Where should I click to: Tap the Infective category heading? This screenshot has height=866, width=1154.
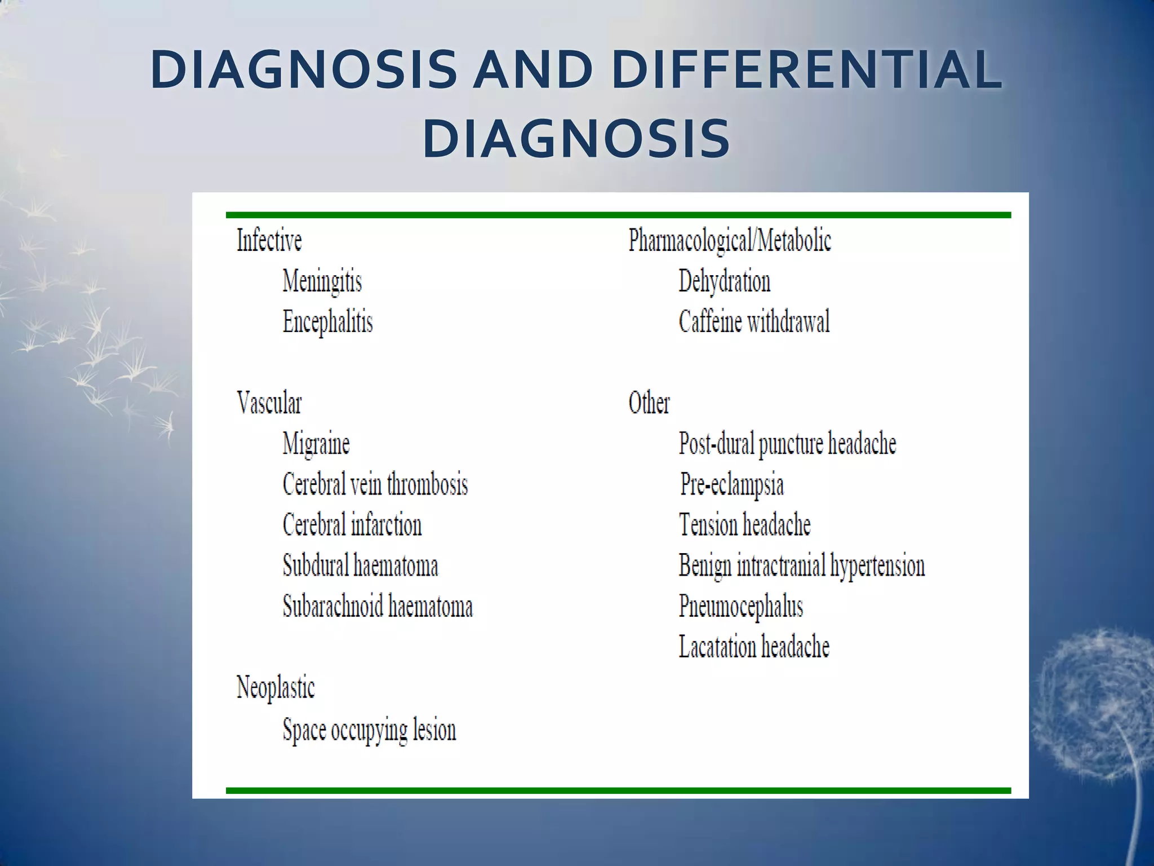pos(269,241)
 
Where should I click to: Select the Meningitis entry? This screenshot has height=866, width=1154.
pos(322,281)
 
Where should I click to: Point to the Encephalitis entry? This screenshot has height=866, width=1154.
pos(327,322)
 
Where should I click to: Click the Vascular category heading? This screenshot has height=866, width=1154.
pos(269,403)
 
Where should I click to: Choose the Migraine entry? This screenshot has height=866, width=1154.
pos(316,444)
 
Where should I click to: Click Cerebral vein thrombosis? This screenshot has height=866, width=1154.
pos(375,484)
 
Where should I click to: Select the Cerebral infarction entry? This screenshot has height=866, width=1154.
pos(352,525)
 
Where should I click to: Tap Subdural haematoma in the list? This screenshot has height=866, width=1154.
pos(361,565)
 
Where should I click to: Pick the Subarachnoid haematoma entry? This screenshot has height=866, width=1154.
pos(378,606)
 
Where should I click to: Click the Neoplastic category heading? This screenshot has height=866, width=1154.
pos(276,688)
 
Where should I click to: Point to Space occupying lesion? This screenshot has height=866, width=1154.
pos(369,730)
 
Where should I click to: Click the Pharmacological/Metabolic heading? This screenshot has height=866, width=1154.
pos(730,241)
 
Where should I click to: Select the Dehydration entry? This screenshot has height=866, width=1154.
pos(724,281)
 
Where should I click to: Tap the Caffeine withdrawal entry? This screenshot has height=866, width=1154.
pos(754,322)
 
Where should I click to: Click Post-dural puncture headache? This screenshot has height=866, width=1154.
pos(787,444)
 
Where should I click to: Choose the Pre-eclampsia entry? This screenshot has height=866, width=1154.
pos(731,484)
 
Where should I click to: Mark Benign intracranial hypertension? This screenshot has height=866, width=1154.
pos(801,565)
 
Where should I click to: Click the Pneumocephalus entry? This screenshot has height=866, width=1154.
pos(740,607)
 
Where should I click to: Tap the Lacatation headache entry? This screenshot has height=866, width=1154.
pos(754,647)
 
